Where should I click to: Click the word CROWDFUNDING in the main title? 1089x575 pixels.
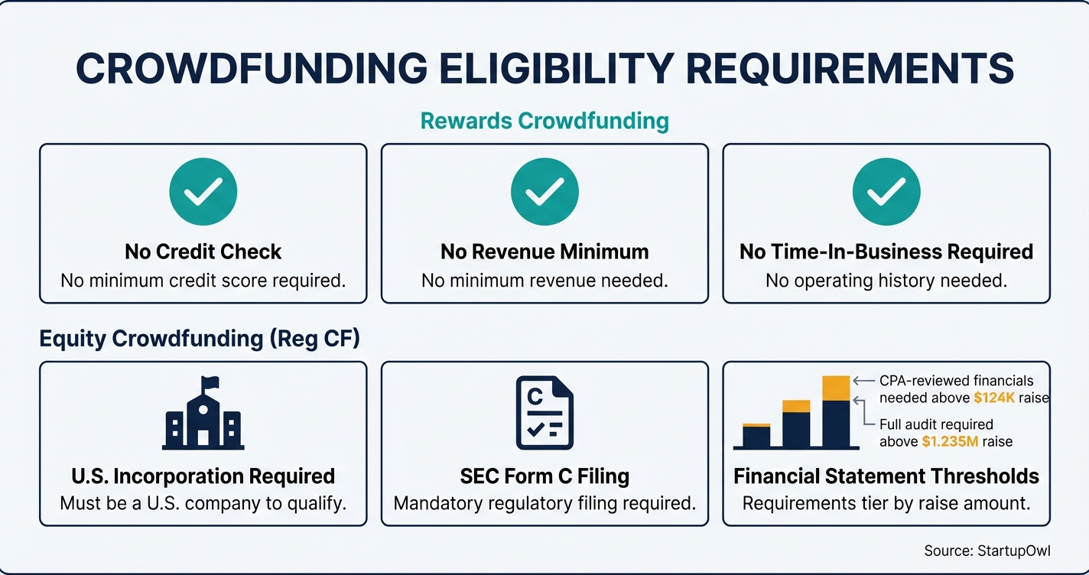(252, 68)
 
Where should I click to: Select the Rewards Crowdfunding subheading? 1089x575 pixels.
(544, 120)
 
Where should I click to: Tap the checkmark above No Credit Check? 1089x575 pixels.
(203, 191)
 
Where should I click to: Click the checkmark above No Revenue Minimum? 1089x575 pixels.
(544, 191)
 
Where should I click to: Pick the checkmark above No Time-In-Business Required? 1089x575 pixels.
(886, 191)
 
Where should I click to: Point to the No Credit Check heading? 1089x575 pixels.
(203, 252)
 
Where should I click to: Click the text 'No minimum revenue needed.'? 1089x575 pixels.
(544, 281)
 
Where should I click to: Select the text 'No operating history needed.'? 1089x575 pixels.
(886, 281)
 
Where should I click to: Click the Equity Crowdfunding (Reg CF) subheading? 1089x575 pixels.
(200, 339)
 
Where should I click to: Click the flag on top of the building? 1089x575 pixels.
(210, 382)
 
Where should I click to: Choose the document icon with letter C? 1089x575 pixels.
(544, 412)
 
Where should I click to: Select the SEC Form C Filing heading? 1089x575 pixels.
(544, 476)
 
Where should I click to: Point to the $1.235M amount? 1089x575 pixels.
(947, 441)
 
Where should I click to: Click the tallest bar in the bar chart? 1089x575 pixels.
(836, 413)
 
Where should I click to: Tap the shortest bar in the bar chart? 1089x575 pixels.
(756, 436)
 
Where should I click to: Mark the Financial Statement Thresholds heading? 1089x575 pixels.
(886, 476)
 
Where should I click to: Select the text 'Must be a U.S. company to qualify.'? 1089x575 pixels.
(203, 504)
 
